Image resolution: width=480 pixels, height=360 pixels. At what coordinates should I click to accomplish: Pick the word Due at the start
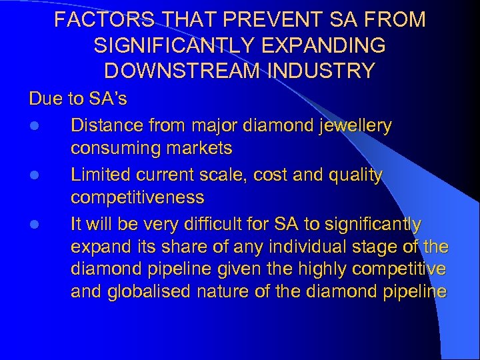click(45, 99)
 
